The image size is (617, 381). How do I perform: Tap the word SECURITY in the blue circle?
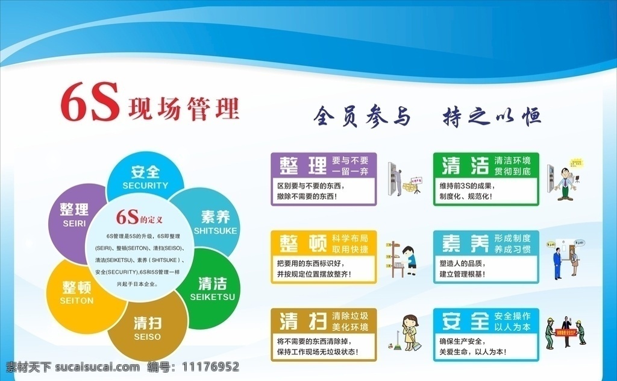(145, 186)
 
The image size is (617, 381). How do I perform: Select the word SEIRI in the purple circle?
(74, 224)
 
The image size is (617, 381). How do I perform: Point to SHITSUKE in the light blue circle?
(216, 231)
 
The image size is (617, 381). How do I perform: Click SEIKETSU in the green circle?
(212, 297)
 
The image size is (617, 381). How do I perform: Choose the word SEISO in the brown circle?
(148, 336)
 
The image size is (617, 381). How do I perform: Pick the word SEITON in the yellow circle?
(77, 300)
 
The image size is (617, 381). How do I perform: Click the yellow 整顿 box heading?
(302, 242)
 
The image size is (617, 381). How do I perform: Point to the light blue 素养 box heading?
(465, 242)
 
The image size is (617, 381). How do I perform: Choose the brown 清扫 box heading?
(302, 320)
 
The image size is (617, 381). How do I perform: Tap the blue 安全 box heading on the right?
(465, 320)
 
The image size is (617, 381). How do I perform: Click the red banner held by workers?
(565, 331)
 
